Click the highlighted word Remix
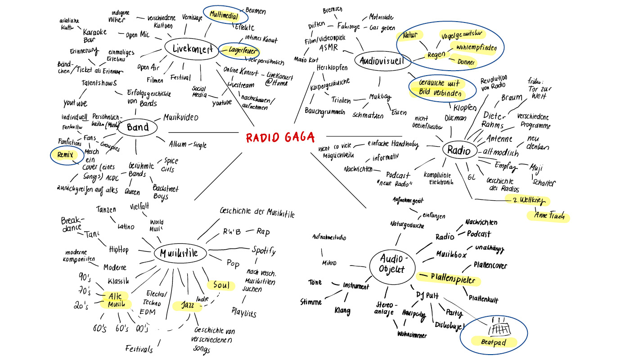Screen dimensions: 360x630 tap(64, 156)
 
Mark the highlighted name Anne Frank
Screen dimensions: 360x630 tap(548, 216)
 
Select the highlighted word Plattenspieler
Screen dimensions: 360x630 tap(452, 279)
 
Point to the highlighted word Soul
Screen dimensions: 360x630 tap(221, 285)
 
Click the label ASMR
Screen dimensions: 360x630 tap(328, 48)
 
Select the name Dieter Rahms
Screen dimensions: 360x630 tap(493, 120)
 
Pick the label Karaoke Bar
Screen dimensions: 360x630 tap(95, 36)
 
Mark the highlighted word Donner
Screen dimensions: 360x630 tap(465, 62)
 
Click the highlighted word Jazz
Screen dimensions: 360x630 tap(185, 306)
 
